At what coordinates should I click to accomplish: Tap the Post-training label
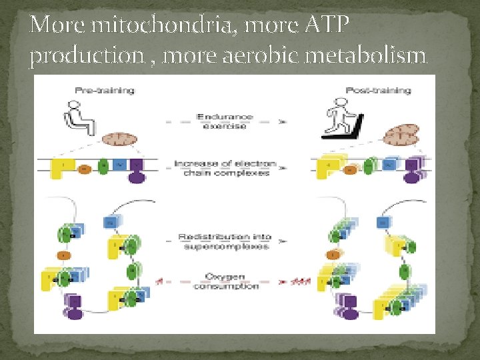click(x=378, y=90)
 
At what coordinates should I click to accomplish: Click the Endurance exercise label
click(x=225, y=121)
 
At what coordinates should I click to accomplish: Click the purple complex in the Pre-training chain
click(x=137, y=170)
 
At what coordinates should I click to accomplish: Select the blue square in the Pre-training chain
click(x=120, y=164)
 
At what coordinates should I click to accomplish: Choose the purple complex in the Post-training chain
click(x=413, y=169)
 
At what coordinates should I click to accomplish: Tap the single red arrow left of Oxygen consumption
click(x=157, y=281)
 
